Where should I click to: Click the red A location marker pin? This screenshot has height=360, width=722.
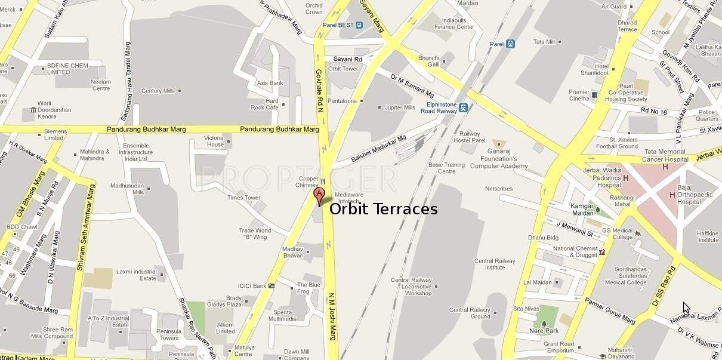[x=319, y=196]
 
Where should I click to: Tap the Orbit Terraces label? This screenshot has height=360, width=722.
[x=383, y=209]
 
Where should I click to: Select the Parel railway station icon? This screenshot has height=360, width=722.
[x=510, y=44]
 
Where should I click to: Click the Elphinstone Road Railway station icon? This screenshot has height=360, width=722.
[x=463, y=107]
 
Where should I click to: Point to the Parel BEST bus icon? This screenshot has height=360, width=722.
[x=359, y=25]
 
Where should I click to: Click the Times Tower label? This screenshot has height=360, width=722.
[x=243, y=198]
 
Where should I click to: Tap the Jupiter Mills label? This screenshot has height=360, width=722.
[x=400, y=107]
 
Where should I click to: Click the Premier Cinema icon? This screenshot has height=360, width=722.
[x=594, y=95]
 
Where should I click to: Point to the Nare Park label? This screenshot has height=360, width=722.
[x=544, y=330]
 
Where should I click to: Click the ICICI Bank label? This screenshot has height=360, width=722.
[x=251, y=286]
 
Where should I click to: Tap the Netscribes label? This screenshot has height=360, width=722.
[x=498, y=189]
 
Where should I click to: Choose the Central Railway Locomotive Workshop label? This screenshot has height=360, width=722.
[x=411, y=287]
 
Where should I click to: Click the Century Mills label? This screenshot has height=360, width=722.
[x=158, y=91]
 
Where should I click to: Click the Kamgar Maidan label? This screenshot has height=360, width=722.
[x=582, y=209]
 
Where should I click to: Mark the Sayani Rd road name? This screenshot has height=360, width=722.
[x=347, y=59]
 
